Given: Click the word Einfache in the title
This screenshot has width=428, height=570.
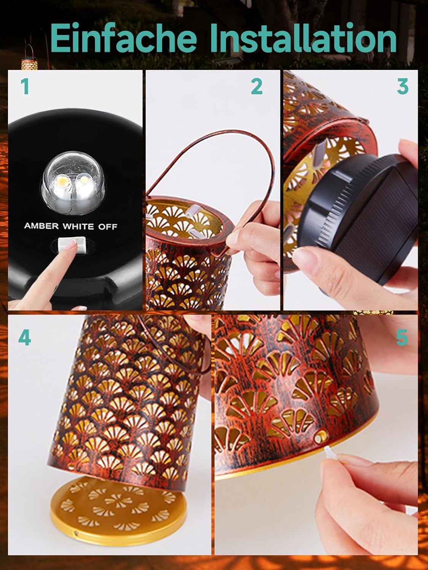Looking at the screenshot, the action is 123,38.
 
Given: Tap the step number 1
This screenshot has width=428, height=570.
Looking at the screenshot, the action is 25,87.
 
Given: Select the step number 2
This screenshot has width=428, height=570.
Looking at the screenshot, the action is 257,87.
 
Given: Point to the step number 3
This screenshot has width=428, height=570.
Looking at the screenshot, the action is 403,87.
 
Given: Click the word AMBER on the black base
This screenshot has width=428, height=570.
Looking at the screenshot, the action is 41,226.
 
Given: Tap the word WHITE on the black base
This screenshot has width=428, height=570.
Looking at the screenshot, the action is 78,226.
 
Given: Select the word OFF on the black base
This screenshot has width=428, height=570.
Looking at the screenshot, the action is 107,227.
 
